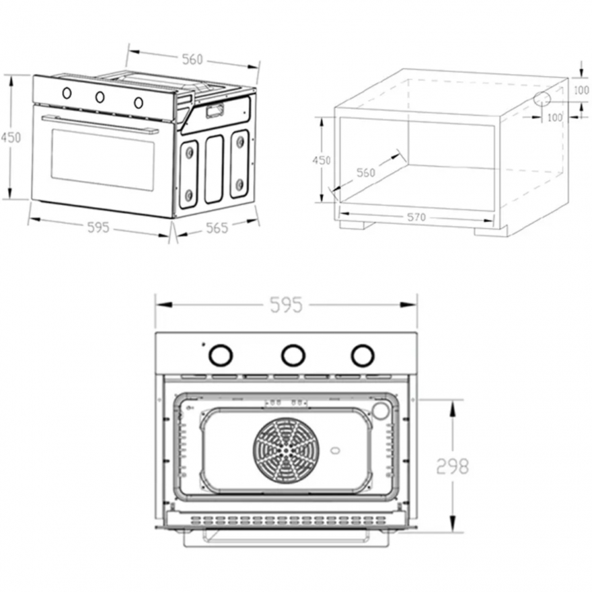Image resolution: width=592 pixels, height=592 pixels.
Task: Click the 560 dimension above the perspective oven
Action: point(192,60)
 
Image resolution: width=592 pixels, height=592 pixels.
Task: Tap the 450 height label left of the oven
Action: point(11,137)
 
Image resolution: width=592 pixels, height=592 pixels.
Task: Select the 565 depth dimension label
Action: point(217,227)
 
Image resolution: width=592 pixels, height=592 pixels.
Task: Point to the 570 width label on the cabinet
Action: point(416,217)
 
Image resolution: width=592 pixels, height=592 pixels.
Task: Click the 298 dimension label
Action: point(452,466)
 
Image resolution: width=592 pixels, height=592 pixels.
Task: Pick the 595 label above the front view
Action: point(287,305)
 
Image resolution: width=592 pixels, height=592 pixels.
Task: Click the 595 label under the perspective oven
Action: point(98,227)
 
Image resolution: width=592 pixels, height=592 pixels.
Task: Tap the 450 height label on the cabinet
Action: point(322,160)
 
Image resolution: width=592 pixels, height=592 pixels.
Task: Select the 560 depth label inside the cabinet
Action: point(366,173)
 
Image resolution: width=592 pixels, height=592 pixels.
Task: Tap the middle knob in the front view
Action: point(293,355)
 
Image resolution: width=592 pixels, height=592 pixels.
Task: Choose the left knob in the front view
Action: point(221,355)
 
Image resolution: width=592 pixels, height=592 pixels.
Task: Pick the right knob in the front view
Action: point(363,355)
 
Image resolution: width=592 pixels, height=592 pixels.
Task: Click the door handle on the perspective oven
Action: point(100,124)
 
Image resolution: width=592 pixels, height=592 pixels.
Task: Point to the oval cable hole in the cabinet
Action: point(542,100)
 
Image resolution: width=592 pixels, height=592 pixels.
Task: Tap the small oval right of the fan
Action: point(335,451)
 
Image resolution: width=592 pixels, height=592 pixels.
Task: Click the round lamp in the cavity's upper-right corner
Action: point(380,411)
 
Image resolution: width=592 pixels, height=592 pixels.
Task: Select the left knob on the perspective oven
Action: point(67,93)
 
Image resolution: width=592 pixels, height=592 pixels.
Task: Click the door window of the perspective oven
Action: point(103,160)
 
